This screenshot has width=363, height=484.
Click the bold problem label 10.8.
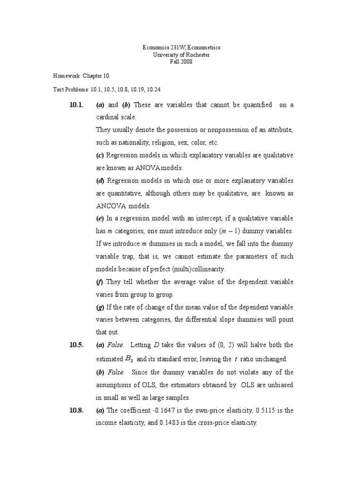coord(77,410)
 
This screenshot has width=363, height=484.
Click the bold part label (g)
coord(100,308)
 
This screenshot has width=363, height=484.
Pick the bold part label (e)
coord(100,218)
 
